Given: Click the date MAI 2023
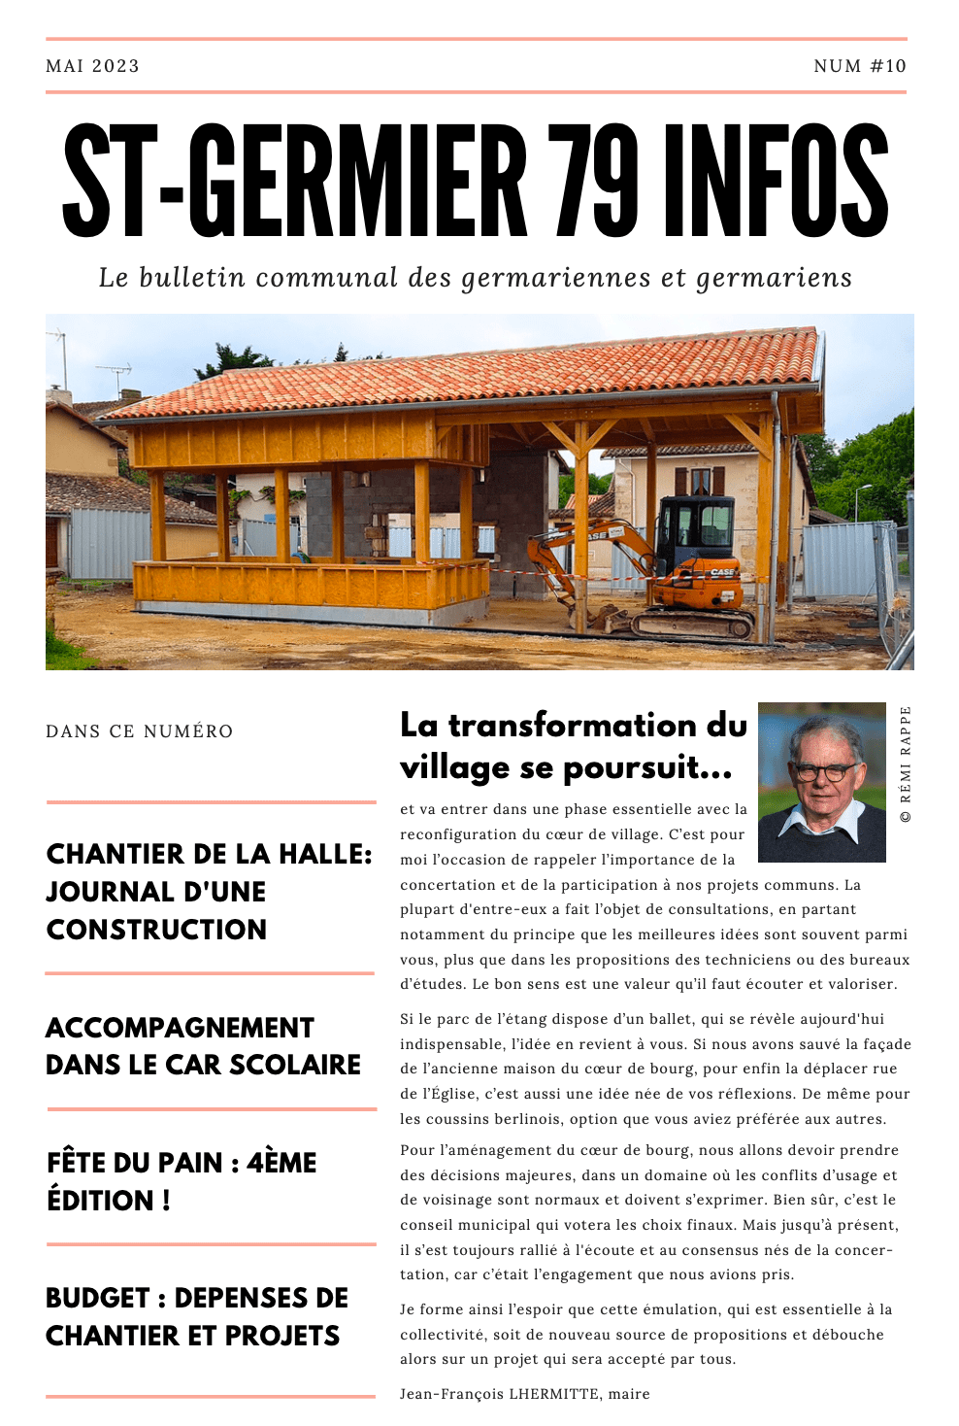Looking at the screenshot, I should pos(92,66).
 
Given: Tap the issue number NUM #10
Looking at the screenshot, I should pos(859,66).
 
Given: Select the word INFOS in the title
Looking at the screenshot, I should pos(776,182).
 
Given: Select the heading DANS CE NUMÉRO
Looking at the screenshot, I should pos(140,731).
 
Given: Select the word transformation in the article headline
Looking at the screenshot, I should pos(573,726).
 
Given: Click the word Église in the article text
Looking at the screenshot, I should pos(446,1094).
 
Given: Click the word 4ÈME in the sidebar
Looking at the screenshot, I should pos(281,1163).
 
